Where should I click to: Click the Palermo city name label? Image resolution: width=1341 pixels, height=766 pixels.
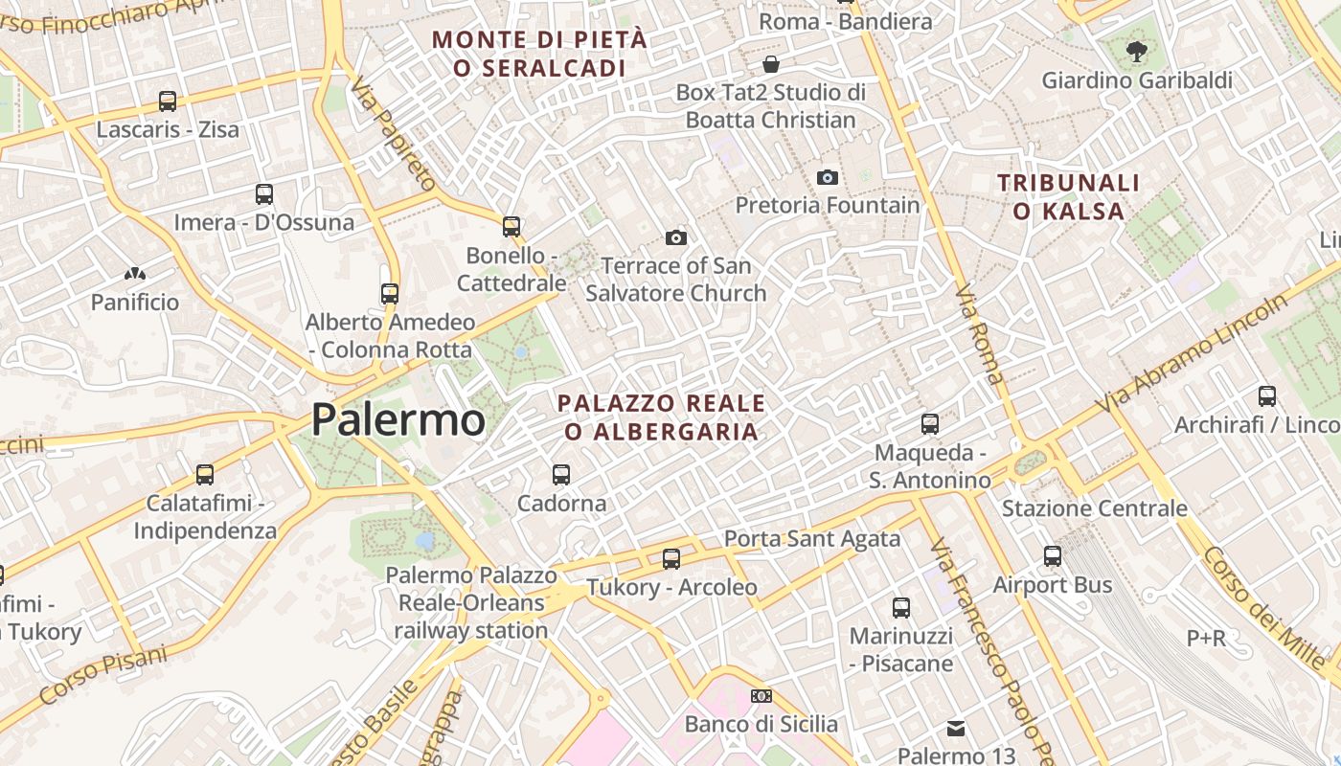[398, 419]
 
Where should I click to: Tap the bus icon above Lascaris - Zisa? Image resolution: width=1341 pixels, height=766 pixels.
[168, 101]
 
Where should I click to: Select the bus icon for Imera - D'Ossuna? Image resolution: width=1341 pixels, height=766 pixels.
[264, 194]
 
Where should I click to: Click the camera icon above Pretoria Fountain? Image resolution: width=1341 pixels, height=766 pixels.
[828, 177]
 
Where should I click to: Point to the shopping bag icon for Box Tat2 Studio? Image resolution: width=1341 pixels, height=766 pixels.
[771, 64]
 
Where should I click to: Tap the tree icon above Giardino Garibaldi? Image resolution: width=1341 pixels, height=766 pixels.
[1137, 52]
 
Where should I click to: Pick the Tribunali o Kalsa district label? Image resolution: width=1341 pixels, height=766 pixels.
[1068, 197]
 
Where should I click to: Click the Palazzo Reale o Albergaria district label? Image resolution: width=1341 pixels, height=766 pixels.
[662, 417]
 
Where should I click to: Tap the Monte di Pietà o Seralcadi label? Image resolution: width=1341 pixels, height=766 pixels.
[540, 54]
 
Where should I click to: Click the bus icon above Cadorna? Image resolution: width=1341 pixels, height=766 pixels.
[561, 474]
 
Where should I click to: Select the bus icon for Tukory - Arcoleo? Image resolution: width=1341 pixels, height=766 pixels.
[671, 558]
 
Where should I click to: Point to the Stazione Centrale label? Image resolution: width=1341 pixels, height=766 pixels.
[1095, 507]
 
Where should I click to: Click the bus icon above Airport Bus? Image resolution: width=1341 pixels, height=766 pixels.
[1053, 555]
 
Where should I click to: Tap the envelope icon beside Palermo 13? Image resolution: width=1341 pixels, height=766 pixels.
[956, 729]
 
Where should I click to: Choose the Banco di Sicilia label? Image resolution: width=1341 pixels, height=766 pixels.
[761, 724]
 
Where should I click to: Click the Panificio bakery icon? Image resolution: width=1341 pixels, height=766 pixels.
[135, 274]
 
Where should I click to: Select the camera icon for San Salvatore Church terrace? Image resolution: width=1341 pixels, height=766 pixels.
[676, 237]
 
